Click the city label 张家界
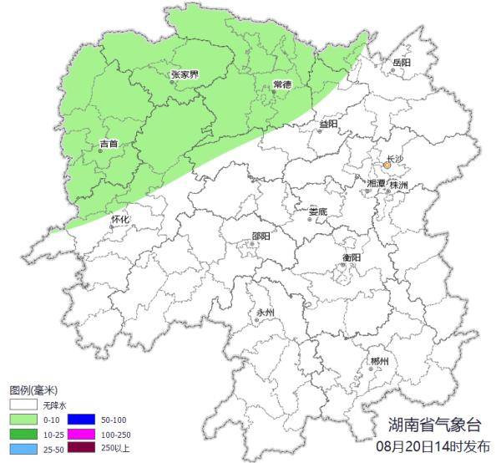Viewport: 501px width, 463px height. (x=185, y=74)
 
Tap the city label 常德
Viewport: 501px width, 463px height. (x=282, y=85)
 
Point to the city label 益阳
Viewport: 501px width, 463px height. (x=328, y=124)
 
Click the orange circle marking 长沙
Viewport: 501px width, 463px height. (x=387, y=165)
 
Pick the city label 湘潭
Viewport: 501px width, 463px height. (x=376, y=182)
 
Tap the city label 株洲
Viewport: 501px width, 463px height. (x=399, y=184)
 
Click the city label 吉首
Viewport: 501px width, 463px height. (x=109, y=144)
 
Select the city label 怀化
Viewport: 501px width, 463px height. (x=121, y=219)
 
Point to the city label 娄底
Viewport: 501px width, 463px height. (x=318, y=211)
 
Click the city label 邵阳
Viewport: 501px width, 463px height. (x=261, y=236)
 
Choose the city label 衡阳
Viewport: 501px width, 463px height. (x=352, y=257)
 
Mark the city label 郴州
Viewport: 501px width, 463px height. (x=380, y=361)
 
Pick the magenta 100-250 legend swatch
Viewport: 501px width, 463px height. (x=81, y=435)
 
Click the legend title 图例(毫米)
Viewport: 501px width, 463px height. (x=33, y=390)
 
